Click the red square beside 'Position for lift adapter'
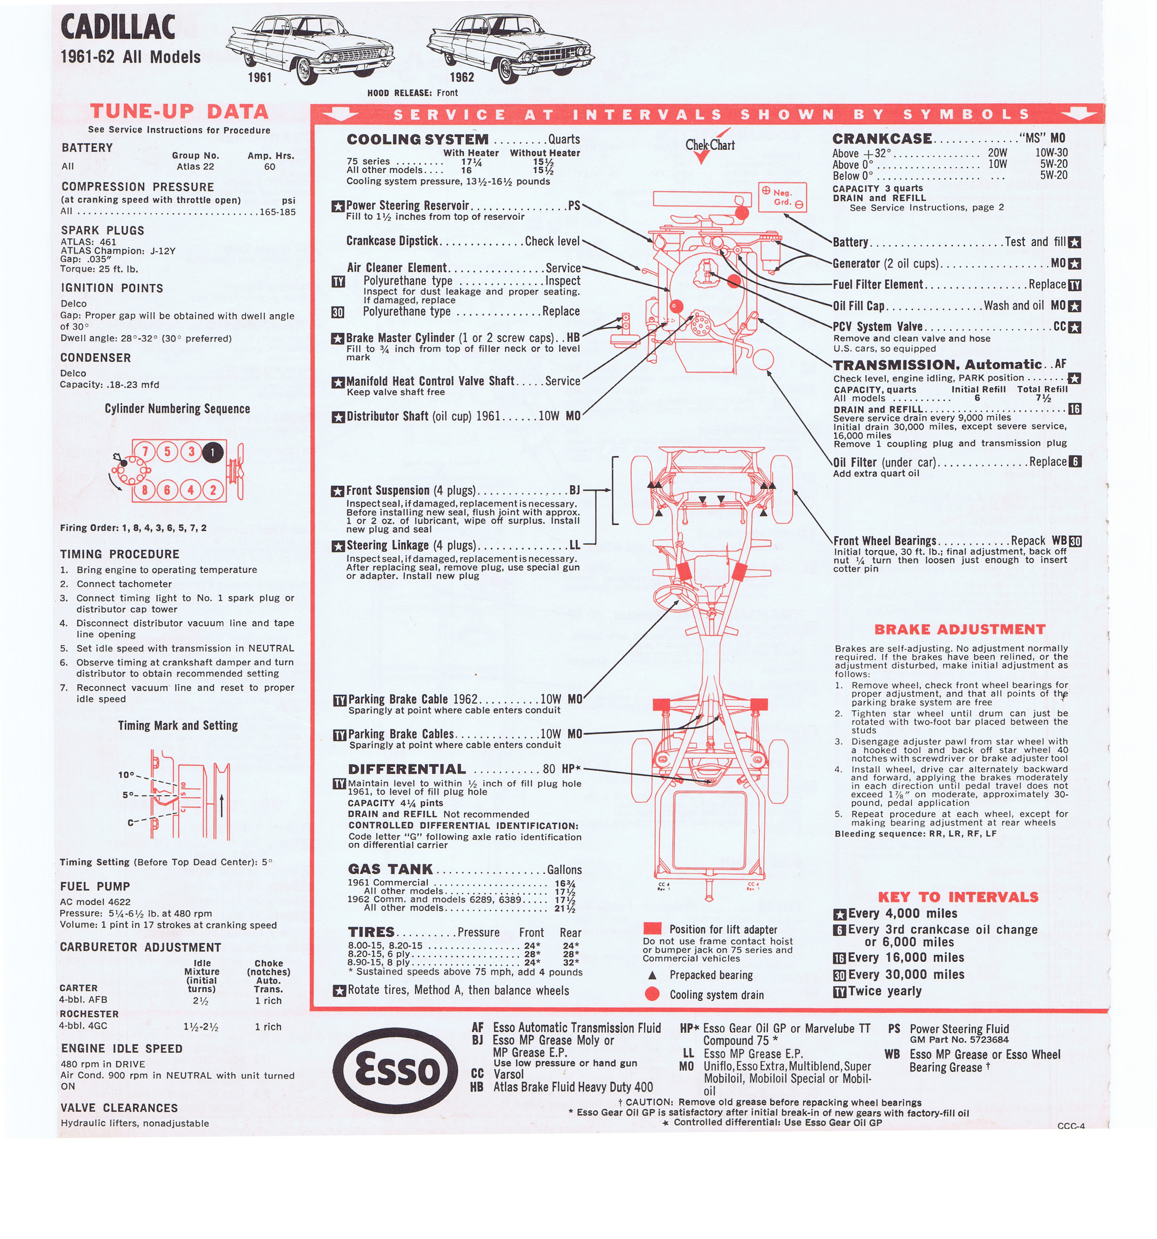point(652,928)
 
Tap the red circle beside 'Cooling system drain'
point(652,994)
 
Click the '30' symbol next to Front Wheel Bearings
point(1075,541)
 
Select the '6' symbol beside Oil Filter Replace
point(1075,461)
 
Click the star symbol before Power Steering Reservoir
point(338,206)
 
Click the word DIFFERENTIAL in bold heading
point(407,769)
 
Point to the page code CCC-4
point(1071,1143)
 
